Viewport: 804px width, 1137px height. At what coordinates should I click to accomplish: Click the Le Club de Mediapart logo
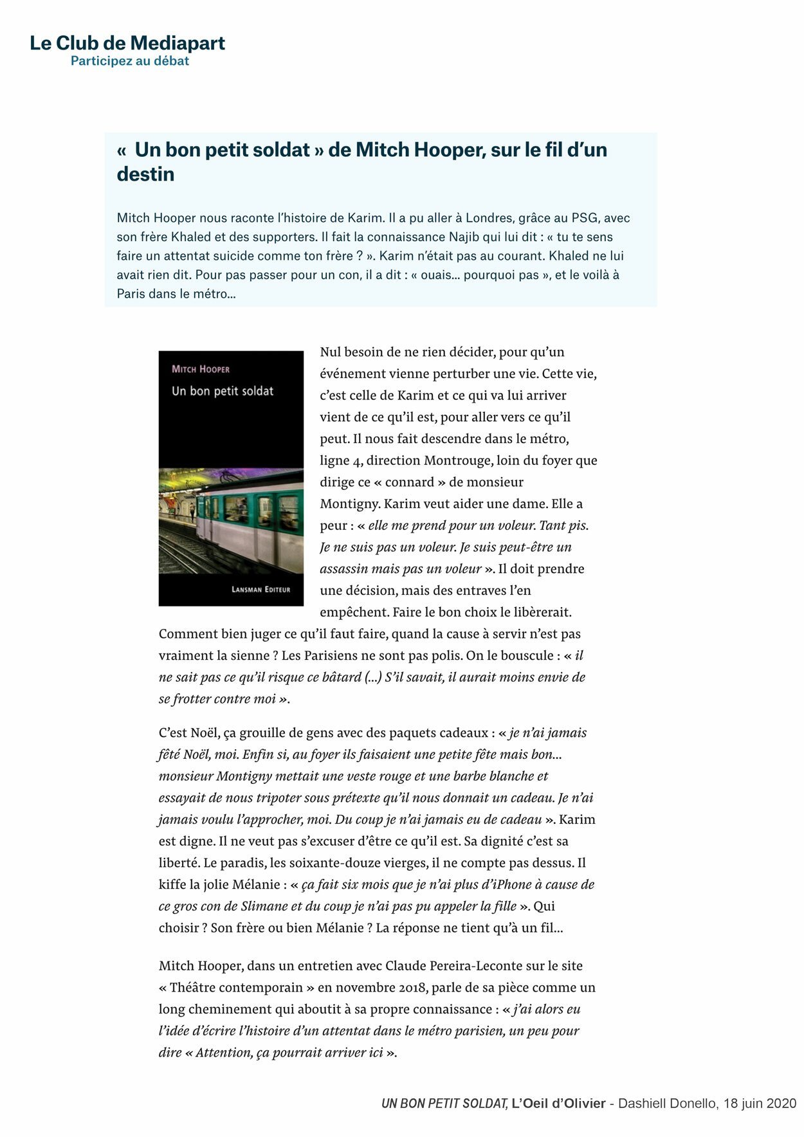(x=127, y=44)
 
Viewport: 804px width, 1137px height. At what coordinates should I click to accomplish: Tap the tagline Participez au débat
(x=129, y=61)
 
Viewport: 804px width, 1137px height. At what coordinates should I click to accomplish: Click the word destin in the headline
(x=145, y=174)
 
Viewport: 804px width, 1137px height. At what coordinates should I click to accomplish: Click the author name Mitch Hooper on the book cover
(x=201, y=369)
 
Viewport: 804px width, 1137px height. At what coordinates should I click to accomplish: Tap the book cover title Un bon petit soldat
(x=223, y=391)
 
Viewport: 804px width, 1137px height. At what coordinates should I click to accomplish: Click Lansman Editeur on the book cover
(x=260, y=589)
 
